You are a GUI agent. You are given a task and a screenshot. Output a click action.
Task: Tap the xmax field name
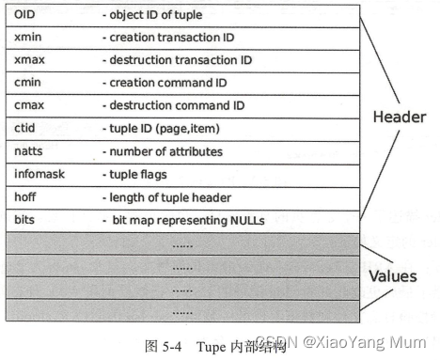28,60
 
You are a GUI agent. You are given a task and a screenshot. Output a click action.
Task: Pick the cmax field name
28,105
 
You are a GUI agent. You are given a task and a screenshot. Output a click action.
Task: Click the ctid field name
24,128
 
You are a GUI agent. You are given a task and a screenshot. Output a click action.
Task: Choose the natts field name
28,150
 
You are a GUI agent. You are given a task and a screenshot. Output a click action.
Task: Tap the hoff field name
25,196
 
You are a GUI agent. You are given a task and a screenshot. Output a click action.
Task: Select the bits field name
24,219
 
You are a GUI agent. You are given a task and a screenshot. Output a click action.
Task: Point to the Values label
392,278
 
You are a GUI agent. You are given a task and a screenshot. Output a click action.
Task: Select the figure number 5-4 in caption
171,345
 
